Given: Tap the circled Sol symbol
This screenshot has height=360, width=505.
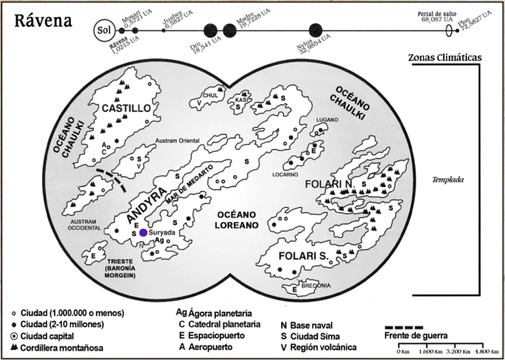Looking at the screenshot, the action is tap(103, 30).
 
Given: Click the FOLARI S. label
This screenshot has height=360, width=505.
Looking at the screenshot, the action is tap(301, 258).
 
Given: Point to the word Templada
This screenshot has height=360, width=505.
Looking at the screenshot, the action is tap(448, 180).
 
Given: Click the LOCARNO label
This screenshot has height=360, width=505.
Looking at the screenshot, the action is tap(285, 175).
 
